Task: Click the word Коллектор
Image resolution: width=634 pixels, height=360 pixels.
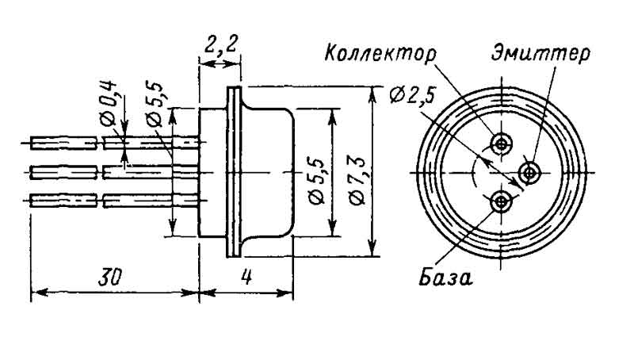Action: coord(380,55)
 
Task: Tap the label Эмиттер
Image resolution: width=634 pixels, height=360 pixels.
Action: coord(540,55)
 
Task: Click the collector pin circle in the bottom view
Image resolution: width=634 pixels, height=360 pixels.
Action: coord(501,144)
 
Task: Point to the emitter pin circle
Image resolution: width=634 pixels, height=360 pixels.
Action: coord(529,171)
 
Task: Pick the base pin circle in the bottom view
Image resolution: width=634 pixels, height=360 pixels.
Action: coord(501,202)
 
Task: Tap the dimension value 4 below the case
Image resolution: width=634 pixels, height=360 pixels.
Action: coord(246,277)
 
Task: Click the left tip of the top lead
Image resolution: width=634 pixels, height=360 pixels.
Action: coord(32,144)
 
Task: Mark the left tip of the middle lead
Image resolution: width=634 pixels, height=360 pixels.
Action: coord(32,171)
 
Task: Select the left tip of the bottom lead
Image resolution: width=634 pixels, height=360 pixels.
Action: coord(32,199)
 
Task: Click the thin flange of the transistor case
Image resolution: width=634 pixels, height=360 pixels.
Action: coord(233,171)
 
